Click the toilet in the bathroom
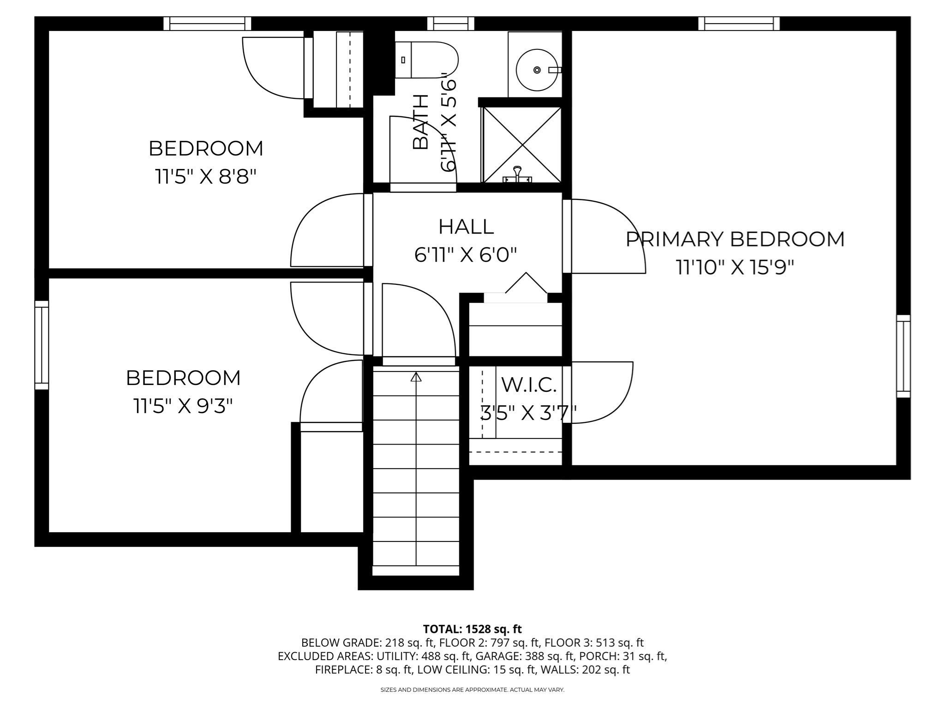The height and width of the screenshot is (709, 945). point(426,60)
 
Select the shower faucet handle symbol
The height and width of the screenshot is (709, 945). point(518,174)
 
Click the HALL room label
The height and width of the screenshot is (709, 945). point(466,227)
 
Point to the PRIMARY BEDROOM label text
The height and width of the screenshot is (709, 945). point(735,239)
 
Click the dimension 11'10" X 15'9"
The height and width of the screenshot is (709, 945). point(735,267)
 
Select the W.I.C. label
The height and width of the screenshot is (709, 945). point(529,385)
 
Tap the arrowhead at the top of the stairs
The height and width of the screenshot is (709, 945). point(416,377)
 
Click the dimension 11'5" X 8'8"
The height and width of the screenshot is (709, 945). point(205,176)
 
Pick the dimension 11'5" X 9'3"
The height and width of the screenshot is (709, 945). point(183,406)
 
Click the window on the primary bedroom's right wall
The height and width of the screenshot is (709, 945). point(903,356)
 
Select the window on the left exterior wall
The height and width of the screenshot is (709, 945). point(42,345)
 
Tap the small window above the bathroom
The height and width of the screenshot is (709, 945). point(451,24)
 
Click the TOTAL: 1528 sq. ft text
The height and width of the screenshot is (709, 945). point(472,629)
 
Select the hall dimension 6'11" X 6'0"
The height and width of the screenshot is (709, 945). point(466,255)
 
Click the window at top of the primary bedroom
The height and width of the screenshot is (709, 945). point(739,24)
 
